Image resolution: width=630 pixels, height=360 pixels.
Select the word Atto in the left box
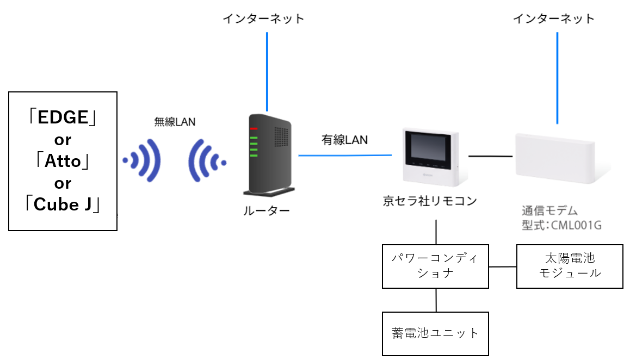(63, 162)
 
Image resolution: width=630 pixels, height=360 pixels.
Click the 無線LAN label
(175, 122)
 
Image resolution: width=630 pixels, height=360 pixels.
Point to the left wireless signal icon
(143, 160)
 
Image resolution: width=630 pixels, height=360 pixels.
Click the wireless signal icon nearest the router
(206, 160)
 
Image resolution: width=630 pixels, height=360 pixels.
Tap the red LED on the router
(254, 129)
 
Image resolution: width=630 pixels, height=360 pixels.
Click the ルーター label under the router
(267, 212)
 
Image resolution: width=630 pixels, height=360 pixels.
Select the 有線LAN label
(344, 140)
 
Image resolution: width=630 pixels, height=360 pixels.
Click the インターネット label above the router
(264, 19)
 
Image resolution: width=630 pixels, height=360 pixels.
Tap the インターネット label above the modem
(554, 19)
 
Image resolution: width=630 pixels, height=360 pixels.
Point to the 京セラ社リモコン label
(430, 202)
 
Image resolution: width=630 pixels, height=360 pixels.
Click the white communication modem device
(555, 158)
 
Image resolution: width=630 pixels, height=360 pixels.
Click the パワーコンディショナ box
(435, 266)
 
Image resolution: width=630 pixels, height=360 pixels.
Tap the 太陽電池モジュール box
(569, 266)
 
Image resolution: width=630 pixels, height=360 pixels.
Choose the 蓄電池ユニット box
(435, 333)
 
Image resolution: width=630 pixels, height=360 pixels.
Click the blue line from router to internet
(267, 71)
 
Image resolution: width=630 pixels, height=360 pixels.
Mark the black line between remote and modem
(490, 156)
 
